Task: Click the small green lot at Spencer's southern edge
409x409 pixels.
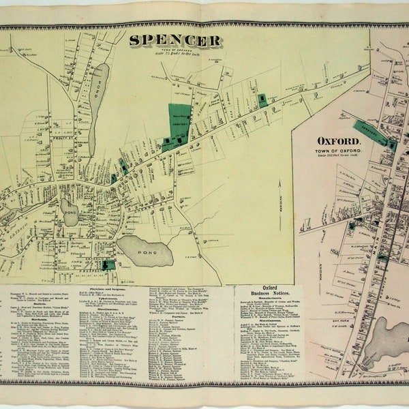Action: click(x=108, y=264)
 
